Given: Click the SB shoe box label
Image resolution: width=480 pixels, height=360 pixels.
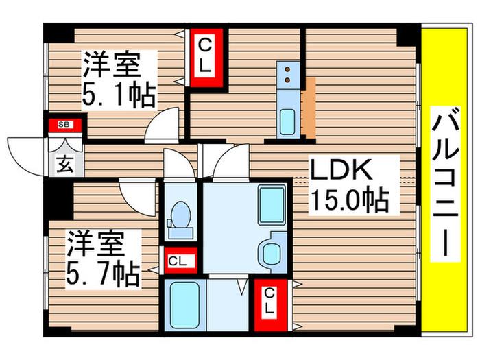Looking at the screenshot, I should [x=64, y=124].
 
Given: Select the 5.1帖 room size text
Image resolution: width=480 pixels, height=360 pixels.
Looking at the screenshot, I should [x=118, y=94].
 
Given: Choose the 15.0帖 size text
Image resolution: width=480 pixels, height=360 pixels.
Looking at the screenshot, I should [x=349, y=200].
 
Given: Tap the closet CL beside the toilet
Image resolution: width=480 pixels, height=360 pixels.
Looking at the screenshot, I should [x=179, y=261].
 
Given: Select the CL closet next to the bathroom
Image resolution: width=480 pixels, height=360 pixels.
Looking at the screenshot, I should [x=269, y=302].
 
